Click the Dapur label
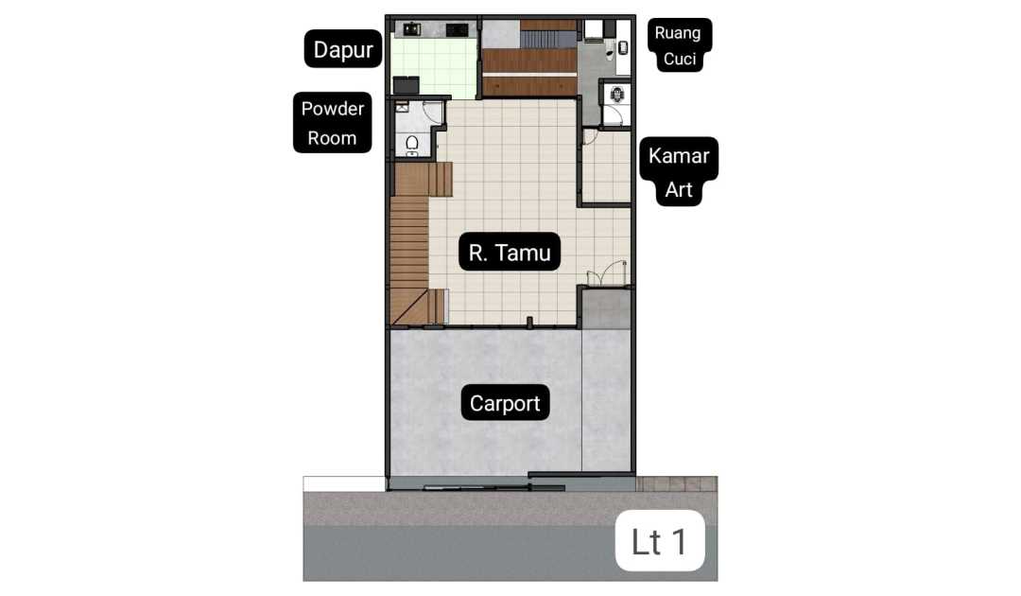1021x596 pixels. tap(343, 49)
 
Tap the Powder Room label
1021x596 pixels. tap(332, 122)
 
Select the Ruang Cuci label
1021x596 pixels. tap(679, 45)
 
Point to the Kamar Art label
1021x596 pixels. tap(679, 172)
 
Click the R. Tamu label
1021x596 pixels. tap(510, 252)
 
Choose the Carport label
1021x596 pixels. tap(505, 403)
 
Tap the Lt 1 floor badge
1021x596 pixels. tap(660, 540)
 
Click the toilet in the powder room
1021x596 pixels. tap(412, 145)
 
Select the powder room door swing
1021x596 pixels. tap(433, 112)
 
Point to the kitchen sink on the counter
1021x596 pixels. tap(411, 28)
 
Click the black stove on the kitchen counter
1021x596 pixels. tap(458, 29)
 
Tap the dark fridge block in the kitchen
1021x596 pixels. tap(406, 85)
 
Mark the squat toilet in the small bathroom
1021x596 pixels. tap(617, 96)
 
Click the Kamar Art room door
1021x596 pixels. tap(590, 136)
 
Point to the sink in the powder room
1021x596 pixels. tap(402, 106)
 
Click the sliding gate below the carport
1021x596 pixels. tap(494, 487)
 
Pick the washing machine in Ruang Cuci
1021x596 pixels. tap(593, 30)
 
